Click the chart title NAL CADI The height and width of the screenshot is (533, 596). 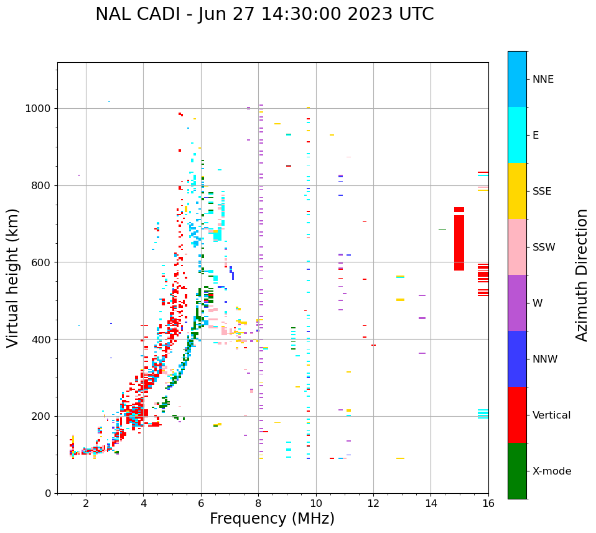coord(264,14)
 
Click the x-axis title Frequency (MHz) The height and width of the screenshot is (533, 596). coord(272,519)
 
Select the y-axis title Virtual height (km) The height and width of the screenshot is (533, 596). coord(13,278)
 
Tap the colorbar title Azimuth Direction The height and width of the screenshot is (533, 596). coord(582,275)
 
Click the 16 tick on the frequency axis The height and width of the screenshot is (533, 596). coord(488,503)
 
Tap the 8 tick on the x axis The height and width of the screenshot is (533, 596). coord(258,503)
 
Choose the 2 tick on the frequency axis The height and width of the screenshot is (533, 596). coord(86,503)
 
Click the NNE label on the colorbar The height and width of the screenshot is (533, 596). coord(543,80)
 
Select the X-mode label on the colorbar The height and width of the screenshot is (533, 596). coord(552,471)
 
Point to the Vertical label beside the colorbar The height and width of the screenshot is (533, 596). coord(551,415)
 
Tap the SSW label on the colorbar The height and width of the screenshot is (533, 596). coord(544,248)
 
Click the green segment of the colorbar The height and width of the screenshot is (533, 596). coord(517,471)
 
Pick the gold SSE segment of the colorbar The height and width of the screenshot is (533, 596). coord(517,191)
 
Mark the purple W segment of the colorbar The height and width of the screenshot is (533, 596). coord(517,303)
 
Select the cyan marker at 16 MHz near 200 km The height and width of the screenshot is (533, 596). coord(483,414)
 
